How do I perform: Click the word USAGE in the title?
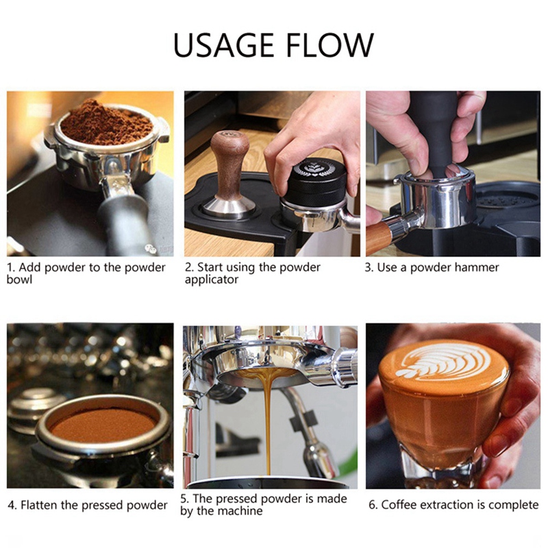tap(224, 45)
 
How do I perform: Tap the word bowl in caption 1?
tap(19, 279)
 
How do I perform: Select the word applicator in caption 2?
tap(212, 280)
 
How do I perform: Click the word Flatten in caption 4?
tap(39, 505)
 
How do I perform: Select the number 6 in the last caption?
tap(372, 505)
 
